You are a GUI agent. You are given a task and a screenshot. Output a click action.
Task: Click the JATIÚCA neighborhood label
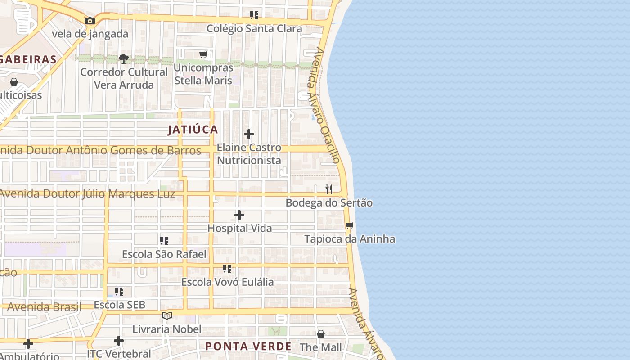[x=193, y=130]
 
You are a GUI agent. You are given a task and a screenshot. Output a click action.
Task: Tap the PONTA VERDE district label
[x=248, y=346]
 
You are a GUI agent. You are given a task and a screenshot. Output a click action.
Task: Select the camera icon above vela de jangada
[x=90, y=21]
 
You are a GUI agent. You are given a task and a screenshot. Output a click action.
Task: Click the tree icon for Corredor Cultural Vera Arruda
[x=124, y=58]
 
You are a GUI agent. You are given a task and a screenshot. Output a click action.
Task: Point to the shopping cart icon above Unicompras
[x=203, y=54]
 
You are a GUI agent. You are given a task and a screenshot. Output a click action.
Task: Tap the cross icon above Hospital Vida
[x=239, y=215]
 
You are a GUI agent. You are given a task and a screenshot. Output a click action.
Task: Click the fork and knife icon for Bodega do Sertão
[x=329, y=189]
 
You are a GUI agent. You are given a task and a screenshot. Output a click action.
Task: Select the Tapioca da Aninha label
[x=350, y=239]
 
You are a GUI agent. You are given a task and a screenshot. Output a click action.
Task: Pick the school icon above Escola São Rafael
[x=164, y=241]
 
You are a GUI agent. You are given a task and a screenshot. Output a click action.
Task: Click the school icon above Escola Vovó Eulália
[x=227, y=269]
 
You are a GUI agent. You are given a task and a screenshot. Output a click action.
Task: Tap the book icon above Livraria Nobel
[x=167, y=316]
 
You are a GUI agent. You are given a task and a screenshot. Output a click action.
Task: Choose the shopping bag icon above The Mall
[x=321, y=334]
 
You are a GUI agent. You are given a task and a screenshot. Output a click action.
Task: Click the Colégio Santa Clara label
[x=254, y=29]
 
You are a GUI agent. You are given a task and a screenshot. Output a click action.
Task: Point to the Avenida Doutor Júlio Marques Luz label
[x=87, y=194]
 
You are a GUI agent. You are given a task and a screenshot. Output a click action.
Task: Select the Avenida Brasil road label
[x=44, y=307]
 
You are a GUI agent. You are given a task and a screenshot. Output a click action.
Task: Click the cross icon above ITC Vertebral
[x=119, y=341]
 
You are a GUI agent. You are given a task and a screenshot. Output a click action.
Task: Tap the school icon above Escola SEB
[x=119, y=292]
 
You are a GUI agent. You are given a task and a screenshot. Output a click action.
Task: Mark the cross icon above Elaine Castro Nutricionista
[x=249, y=134]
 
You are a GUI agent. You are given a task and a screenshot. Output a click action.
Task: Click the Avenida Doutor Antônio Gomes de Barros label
[x=100, y=150]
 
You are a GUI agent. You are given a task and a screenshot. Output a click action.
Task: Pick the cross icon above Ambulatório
[x=28, y=344]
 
